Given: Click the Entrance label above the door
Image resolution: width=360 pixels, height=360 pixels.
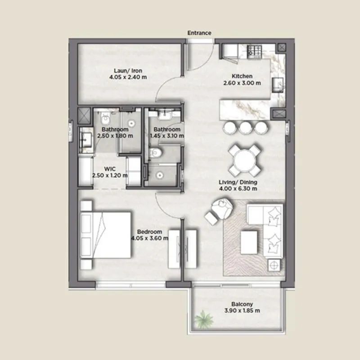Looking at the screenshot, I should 199,33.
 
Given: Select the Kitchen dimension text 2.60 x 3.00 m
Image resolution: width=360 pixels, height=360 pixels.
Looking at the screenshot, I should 242,83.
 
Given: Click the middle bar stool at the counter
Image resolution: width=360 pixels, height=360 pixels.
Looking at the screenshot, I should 245,128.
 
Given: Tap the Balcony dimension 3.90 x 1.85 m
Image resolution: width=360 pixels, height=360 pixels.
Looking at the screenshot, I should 242,310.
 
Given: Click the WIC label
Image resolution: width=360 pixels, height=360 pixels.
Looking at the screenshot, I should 110,169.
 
